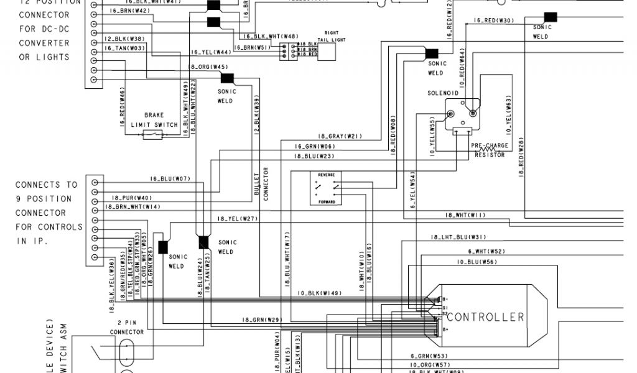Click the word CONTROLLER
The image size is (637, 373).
point(486,317)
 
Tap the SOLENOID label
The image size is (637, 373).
point(443,93)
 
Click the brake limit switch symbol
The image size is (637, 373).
point(153,134)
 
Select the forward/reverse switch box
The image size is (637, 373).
point(327,188)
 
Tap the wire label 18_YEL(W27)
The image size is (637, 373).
point(238,219)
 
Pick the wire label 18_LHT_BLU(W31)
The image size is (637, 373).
point(457,237)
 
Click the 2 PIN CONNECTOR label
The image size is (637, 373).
point(126,328)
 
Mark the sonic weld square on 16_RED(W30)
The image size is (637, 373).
point(550,17)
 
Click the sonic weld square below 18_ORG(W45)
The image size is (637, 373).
point(226,78)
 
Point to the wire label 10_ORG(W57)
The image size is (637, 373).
point(429,364)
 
